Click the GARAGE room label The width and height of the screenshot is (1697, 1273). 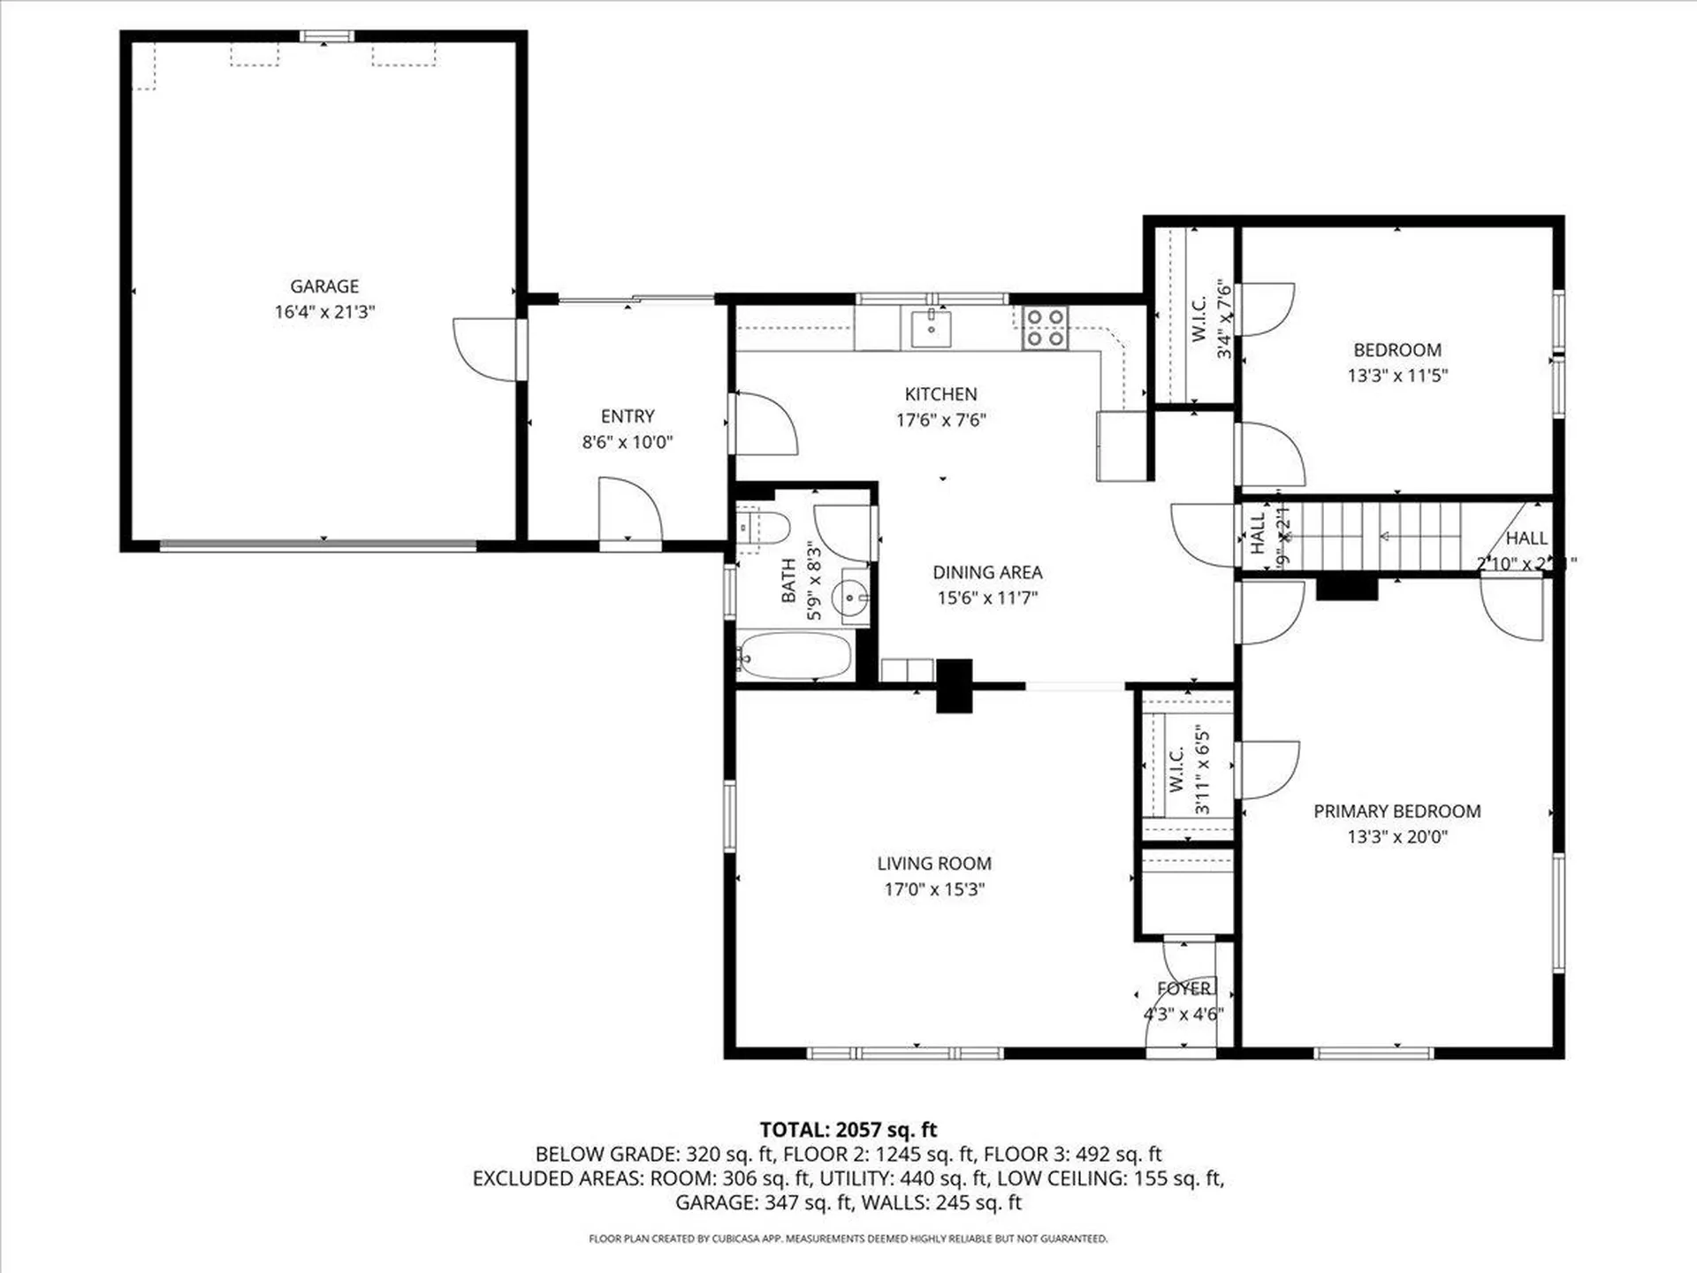(x=324, y=286)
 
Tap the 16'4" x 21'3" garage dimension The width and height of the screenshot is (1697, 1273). (x=324, y=312)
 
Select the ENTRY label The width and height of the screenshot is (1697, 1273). (x=628, y=416)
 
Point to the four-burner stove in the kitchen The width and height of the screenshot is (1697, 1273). (x=1046, y=327)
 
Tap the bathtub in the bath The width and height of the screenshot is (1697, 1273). (x=794, y=656)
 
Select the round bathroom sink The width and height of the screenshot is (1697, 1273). (x=851, y=598)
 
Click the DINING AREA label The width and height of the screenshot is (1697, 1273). (x=987, y=573)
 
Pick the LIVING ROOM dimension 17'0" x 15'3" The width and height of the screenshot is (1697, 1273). (x=934, y=889)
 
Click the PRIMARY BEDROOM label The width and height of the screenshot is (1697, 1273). (x=1396, y=812)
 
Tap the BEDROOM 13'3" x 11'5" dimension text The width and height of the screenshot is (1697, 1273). (x=1396, y=376)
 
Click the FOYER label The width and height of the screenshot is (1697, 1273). (x=1183, y=988)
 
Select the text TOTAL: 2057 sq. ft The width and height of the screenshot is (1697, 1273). (x=848, y=1130)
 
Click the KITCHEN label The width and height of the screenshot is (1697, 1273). (x=940, y=394)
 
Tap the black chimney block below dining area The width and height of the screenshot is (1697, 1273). (x=954, y=685)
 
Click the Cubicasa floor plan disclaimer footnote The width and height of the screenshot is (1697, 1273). (x=848, y=1239)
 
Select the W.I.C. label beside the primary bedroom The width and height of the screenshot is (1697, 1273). (x=1176, y=770)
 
